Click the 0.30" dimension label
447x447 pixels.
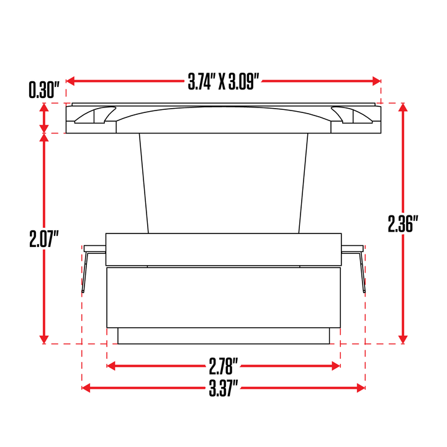click(44, 90)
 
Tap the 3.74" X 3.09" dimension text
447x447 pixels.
click(223, 81)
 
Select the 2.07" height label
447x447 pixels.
click(44, 239)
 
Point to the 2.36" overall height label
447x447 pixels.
click(403, 223)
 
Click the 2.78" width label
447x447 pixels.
click(223, 366)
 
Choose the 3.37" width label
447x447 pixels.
click(223, 388)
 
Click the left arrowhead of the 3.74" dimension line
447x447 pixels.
click(70, 81)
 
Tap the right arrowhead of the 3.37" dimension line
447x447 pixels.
click(361, 387)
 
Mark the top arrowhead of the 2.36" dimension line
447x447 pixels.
click(402, 107)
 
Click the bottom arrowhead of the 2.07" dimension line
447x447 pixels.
click(44, 340)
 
